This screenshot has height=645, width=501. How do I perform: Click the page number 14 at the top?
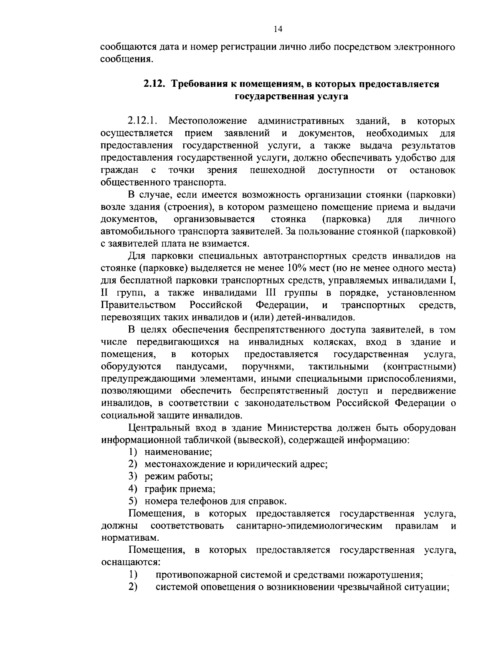[278, 29]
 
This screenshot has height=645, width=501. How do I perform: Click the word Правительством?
[138, 305]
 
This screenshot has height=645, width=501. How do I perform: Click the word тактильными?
[339, 367]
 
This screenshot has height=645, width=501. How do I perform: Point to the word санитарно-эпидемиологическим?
[309, 526]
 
